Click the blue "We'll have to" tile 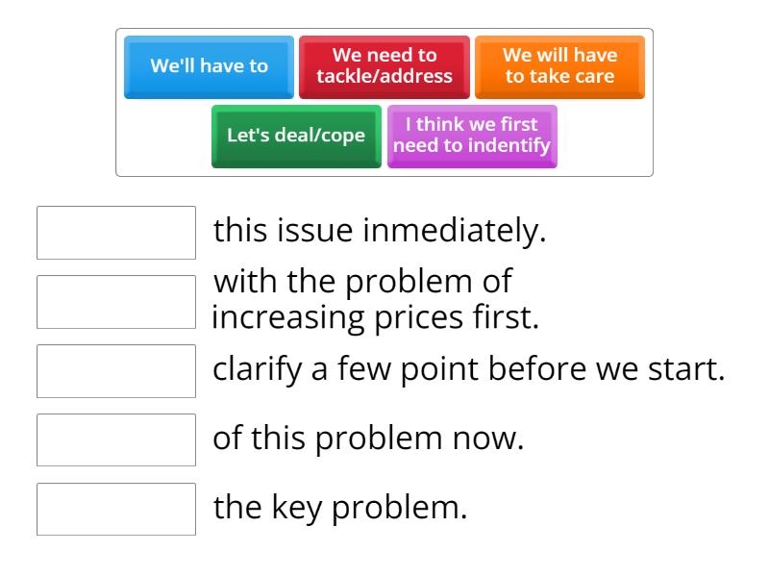pyautogui.click(x=209, y=67)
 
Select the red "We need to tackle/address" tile pyautogui.click(x=384, y=67)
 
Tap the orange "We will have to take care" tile pyautogui.click(x=560, y=67)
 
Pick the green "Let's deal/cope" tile pyautogui.click(x=296, y=137)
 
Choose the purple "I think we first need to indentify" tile pyautogui.click(x=472, y=137)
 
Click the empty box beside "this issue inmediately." pyautogui.click(x=116, y=233)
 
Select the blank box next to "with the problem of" pyautogui.click(x=116, y=302)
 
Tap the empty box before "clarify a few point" pyautogui.click(x=116, y=371)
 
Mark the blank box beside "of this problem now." pyautogui.click(x=116, y=440)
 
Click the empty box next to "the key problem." pyautogui.click(x=116, y=510)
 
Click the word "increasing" pyautogui.click(x=288, y=318)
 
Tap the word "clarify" pyautogui.click(x=258, y=369)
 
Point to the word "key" pyautogui.click(x=297, y=508)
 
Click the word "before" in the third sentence pyautogui.click(x=537, y=368)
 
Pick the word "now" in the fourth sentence pyautogui.click(x=485, y=439)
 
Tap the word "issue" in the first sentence pyautogui.click(x=314, y=230)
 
